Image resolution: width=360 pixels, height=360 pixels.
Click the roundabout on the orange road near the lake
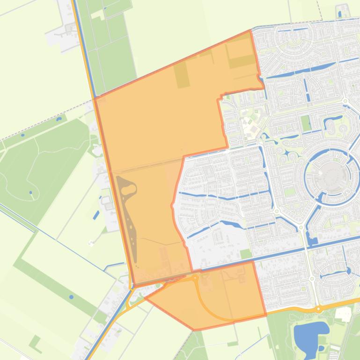coord(318,309)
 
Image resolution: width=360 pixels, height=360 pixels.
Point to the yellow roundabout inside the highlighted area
coord(195,278)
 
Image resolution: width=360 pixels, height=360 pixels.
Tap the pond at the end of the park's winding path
coord(31,193)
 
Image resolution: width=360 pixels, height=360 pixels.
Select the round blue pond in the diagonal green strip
coord(71,297)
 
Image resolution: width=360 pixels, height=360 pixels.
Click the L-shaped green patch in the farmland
coord(35,342)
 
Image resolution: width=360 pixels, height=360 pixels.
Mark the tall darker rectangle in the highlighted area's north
coord(182,75)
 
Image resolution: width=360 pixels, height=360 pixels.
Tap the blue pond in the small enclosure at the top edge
coord(339,14)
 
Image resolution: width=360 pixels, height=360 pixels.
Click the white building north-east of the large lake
coord(344,315)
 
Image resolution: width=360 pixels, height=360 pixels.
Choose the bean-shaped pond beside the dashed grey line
coord(59,119)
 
